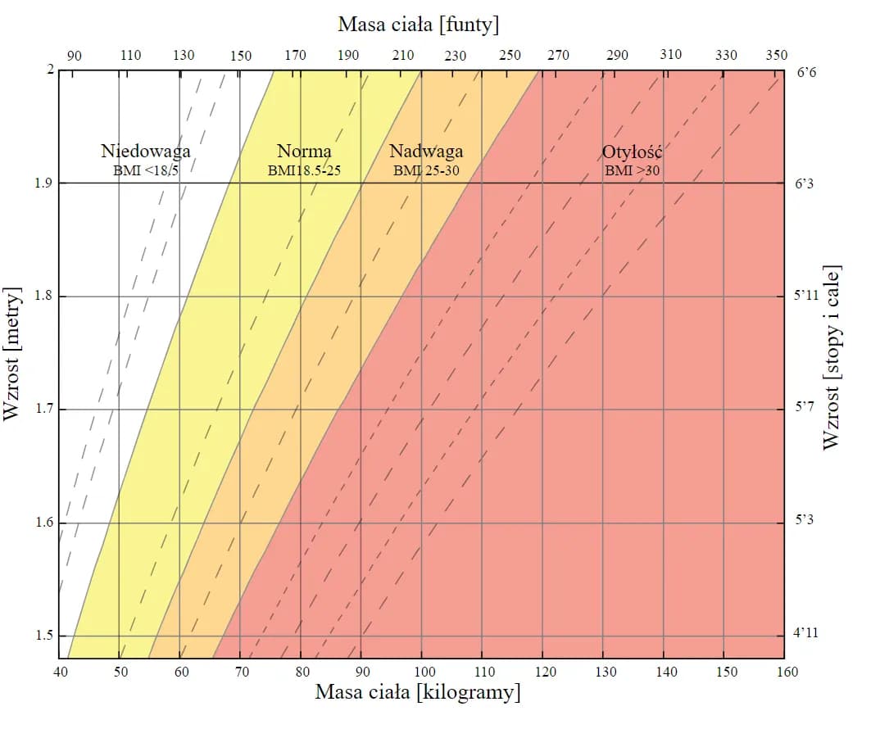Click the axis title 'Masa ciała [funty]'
418,25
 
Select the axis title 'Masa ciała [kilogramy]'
418,693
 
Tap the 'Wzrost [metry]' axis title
12,354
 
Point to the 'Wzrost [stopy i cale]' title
832,355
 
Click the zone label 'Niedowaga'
146,152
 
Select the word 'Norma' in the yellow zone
304,152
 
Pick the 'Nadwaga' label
425,152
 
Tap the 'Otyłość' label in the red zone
632,152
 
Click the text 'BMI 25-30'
425,170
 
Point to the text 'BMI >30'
632,170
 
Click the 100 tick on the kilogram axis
421,672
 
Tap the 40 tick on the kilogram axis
60,672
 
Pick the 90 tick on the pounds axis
75,56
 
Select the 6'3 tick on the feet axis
805,183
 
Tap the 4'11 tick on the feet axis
807,633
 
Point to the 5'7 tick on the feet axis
805,406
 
